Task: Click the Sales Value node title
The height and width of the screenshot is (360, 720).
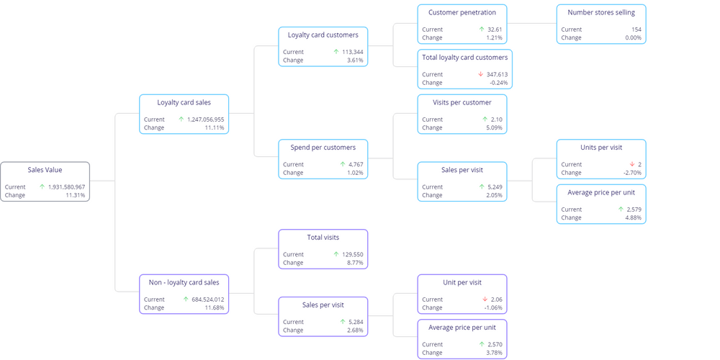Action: [x=45, y=170]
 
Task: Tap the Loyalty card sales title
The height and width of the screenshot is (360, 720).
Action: [x=184, y=102]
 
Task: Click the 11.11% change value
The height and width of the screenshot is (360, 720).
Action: [x=215, y=127]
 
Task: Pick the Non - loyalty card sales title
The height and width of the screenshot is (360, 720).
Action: [x=184, y=282]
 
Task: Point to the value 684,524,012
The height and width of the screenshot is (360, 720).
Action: [x=204, y=300]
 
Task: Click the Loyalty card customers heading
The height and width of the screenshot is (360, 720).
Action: [x=323, y=35]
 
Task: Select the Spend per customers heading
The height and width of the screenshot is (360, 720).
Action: [x=323, y=148]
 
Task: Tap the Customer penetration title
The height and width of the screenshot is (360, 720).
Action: [x=462, y=12]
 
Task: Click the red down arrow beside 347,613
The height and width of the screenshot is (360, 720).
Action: [x=480, y=74]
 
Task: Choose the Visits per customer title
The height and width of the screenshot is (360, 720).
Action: [x=462, y=102]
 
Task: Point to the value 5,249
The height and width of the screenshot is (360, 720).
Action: [x=495, y=187]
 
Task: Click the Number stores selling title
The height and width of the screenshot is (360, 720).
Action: [x=600, y=12]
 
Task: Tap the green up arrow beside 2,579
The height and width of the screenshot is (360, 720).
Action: [x=619, y=210]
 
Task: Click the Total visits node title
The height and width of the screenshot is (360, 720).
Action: [x=323, y=237]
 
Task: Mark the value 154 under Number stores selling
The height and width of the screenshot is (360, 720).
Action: [x=636, y=30]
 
